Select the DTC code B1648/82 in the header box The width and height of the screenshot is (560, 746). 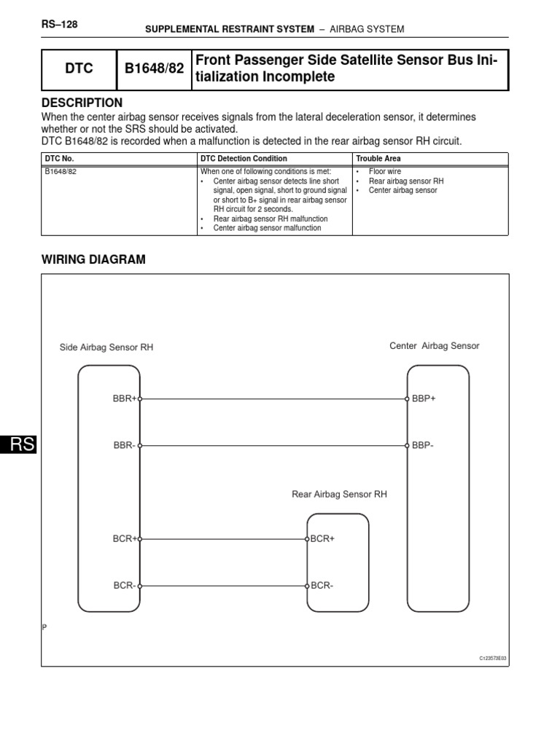pyautogui.click(x=153, y=69)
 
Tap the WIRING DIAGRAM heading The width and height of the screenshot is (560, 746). pyautogui.click(x=93, y=259)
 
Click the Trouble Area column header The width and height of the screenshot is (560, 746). pyautogui.click(x=378, y=158)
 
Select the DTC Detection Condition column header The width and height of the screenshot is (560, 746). pyautogui.click(x=243, y=158)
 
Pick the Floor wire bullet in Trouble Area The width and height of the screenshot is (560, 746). pyautogui.click(x=384, y=171)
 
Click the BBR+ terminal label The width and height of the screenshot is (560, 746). pyautogui.click(x=124, y=398)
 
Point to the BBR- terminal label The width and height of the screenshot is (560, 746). pyautogui.click(x=123, y=445)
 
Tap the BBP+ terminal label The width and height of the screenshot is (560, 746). pyautogui.click(x=424, y=398)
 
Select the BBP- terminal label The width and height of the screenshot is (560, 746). pyautogui.click(x=423, y=445)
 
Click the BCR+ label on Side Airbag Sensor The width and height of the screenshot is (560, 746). pyautogui.click(x=124, y=538)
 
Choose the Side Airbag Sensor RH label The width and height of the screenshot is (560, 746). pyautogui.click(x=106, y=348)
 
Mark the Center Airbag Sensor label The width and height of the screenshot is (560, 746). pyautogui.click(x=435, y=346)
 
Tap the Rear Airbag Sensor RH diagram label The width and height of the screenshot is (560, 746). pyautogui.click(x=339, y=494)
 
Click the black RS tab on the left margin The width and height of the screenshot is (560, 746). pyautogui.click(x=18, y=446)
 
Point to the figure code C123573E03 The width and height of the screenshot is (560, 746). pyautogui.click(x=492, y=658)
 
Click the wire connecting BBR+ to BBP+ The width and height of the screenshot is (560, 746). pyautogui.click(x=273, y=399)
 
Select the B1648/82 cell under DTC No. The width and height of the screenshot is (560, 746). pyautogui.click(x=61, y=171)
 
